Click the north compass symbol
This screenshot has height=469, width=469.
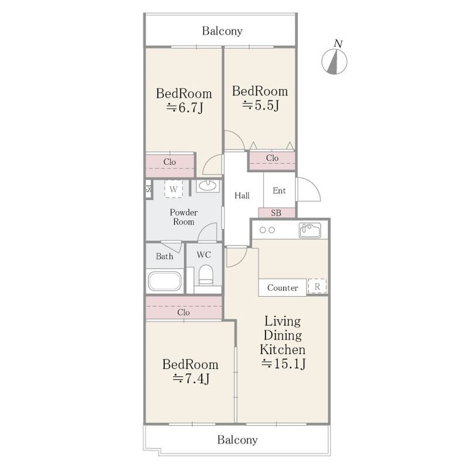pyautogui.click(x=334, y=62)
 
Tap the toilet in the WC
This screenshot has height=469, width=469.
pyautogui.click(x=206, y=275)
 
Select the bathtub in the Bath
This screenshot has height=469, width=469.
pyautogui.click(x=165, y=281)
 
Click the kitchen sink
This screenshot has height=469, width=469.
pyautogui.click(x=310, y=230)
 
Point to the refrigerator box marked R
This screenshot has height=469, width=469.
pyautogui.click(x=317, y=287)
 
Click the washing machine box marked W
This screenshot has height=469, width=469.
pyautogui.click(x=174, y=189)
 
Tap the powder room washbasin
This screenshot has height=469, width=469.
pyautogui.click(x=208, y=185)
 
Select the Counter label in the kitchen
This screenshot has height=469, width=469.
pyautogui.click(x=283, y=288)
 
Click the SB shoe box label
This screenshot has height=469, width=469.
pyautogui.click(x=276, y=213)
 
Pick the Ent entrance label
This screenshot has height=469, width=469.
pyautogui.click(x=279, y=191)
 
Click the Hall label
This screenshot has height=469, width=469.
pyautogui.click(x=242, y=196)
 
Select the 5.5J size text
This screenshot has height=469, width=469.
pyautogui.click(x=260, y=106)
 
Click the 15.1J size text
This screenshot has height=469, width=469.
pyautogui.click(x=283, y=363)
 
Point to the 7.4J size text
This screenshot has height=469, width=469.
pyautogui.click(x=191, y=379)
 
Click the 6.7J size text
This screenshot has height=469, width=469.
pyautogui.click(x=185, y=108)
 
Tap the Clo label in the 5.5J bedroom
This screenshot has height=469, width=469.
pyautogui.click(x=272, y=158)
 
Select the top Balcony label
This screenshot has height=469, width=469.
pyautogui.click(x=222, y=31)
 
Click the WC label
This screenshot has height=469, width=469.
pyautogui.click(x=203, y=255)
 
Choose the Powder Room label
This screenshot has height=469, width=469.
pyautogui.click(x=183, y=217)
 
